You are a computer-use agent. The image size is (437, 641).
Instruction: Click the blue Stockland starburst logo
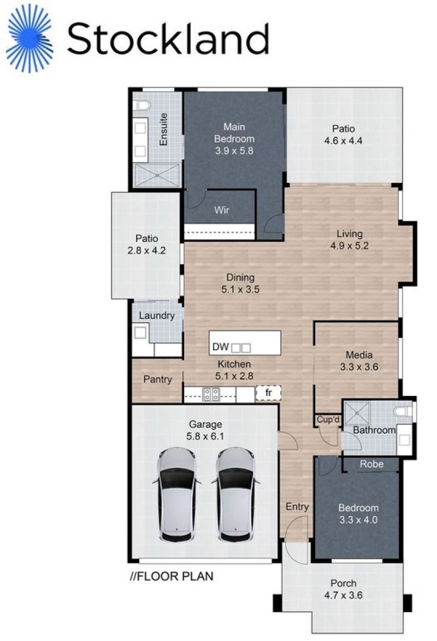pyautogui.click(x=30, y=38)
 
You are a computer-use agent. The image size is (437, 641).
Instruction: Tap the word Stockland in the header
pyautogui.click(x=168, y=39)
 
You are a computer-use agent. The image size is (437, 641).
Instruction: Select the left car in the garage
pyautogui.click(x=177, y=494)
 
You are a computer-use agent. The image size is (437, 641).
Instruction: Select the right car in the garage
pyautogui.click(x=236, y=494)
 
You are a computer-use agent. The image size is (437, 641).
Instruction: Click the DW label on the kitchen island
pyautogui.click(x=220, y=347)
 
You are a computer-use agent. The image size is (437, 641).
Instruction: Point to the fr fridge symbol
pyautogui.click(x=268, y=393)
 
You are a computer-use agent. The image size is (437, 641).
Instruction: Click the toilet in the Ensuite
pyautogui.click(x=141, y=106)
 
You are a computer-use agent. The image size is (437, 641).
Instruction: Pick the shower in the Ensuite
pyautogui.click(x=157, y=175)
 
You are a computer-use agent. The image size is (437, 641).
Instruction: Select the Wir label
pyautogui.click(x=222, y=210)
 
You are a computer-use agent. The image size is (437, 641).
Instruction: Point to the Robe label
pyautogui.click(x=372, y=464)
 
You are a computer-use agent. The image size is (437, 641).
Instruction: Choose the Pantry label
pyautogui.click(x=157, y=379)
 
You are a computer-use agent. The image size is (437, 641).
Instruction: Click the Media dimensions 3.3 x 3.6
pyautogui.click(x=359, y=367)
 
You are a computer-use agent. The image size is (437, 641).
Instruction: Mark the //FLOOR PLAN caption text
pyautogui.click(x=172, y=576)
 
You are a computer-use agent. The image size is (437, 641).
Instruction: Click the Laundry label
pyautogui.click(x=157, y=315)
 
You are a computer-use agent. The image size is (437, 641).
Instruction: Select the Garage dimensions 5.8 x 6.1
pyautogui.click(x=205, y=436)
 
